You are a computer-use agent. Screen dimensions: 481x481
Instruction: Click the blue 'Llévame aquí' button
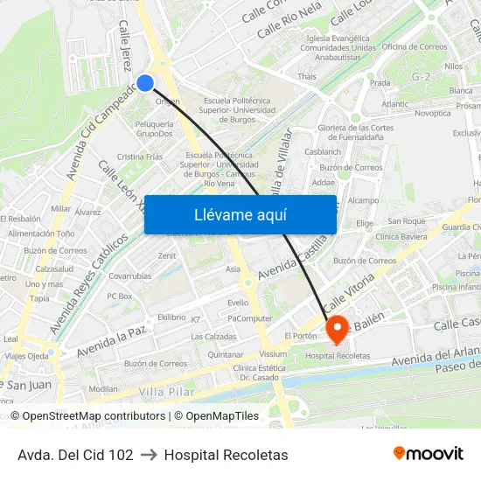[240, 214]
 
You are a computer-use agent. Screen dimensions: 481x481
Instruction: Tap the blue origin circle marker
[146, 83]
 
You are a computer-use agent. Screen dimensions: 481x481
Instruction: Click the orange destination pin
[338, 329]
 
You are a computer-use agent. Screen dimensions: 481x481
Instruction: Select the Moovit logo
[429, 453]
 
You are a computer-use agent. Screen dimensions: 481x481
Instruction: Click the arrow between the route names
[149, 455]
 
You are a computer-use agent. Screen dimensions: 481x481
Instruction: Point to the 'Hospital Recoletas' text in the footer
[226, 455]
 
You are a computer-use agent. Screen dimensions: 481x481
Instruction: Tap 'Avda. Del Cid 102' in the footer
[75, 455]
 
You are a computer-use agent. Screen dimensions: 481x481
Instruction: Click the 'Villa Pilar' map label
[164, 391]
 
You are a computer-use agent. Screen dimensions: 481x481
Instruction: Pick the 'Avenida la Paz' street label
[111, 340]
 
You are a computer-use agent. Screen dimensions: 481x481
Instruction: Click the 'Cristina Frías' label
[140, 157]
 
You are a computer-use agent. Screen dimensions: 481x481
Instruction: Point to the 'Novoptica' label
[433, 113]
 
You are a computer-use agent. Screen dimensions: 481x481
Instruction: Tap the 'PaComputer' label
[249, 317]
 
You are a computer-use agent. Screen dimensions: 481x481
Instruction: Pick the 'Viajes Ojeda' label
[26, 356]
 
